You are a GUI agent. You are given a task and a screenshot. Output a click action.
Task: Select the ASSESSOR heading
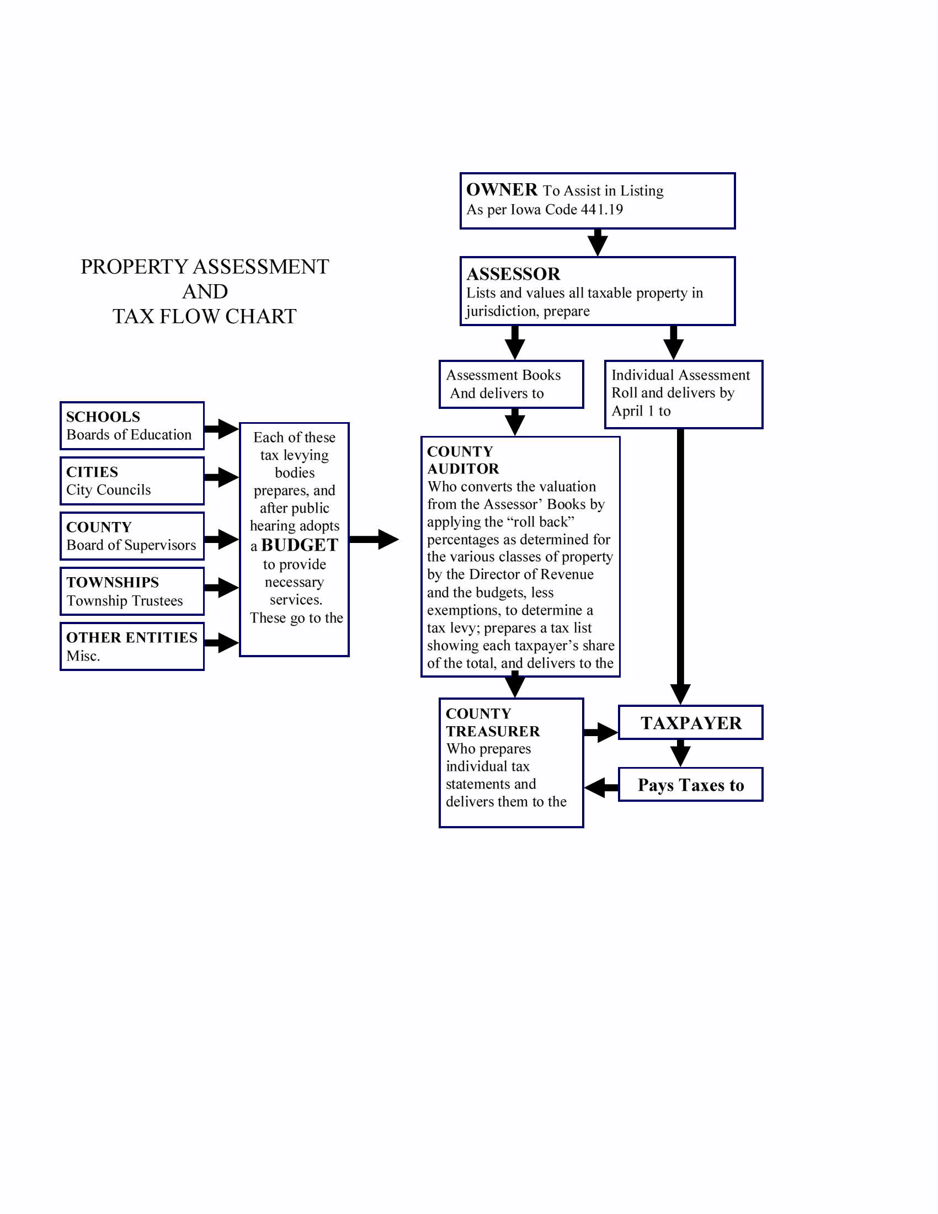point(513,274)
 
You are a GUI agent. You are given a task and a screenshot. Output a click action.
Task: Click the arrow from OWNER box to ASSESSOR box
point(598,242)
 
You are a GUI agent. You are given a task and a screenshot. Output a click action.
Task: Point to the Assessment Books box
point(511,384)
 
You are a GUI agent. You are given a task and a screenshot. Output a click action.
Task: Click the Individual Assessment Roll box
point(683,393)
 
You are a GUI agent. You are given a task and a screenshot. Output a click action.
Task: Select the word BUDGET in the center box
point(300,545)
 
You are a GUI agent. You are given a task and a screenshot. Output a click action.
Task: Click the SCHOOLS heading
point(103,417)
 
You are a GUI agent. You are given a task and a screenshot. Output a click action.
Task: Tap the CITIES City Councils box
point(132,481)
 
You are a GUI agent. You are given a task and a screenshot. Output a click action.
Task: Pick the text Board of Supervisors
point(131,545)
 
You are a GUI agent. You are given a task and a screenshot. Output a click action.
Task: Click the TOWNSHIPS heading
point(112,582)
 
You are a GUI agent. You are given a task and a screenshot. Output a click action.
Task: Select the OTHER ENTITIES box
point(132,646)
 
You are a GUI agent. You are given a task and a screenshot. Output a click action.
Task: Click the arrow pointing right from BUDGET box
point(374,539)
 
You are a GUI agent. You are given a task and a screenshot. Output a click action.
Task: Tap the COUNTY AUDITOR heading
point(462,460)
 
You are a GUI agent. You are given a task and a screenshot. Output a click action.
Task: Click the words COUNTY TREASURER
point(492,722)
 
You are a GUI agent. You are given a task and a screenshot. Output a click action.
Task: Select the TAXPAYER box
point(690,723)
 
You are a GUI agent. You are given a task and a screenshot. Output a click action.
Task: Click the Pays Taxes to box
point(690,785)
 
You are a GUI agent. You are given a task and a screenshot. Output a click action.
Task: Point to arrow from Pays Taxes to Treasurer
point(601,787)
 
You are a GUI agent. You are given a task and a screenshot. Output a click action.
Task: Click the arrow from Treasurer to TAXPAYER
point(601,732)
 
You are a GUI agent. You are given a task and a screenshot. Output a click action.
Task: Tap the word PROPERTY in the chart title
point(134,267)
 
